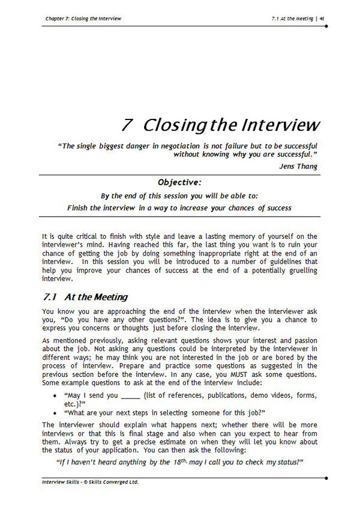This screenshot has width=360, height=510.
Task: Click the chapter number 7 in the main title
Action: pyautogui.click(x=127, y=125)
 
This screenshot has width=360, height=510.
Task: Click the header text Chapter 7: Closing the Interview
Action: pyautogui.click(x=83, y=19)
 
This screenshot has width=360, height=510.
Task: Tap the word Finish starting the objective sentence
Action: pyautogui.click(x=81, y=208)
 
